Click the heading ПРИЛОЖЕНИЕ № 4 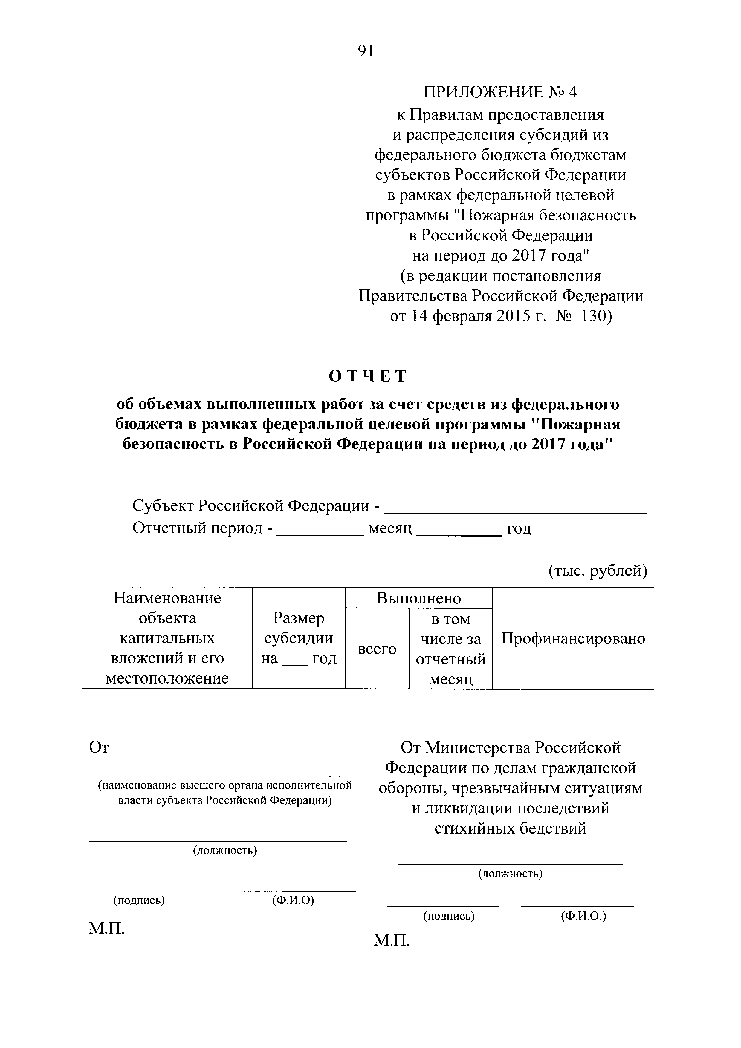[x=500, y=93]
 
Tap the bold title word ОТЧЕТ [x=368, y=376]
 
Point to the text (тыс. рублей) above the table [x=598, y=571]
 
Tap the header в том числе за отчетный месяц [x=451, y=649]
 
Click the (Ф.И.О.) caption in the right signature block [x=583, y=916]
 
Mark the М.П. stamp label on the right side [x=392, y=940]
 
